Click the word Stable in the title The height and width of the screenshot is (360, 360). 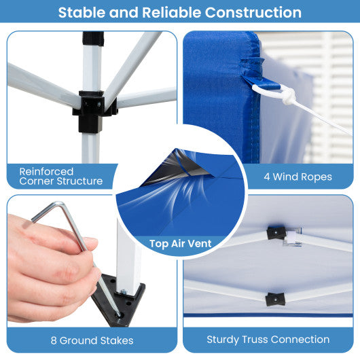pyautogui.click(x=82, y=12)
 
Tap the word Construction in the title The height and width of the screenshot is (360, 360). pyautogui.click(x=253, y=12)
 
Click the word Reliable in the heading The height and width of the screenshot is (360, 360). pyautogui.click(x=171, y=12)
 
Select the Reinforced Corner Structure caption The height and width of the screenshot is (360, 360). pyautogui.click(x=61, y=177)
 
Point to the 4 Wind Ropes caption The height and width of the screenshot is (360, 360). pyautogui.click(x=298, y=177)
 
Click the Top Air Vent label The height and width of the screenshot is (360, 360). pyautogui.click(x=180, y=244)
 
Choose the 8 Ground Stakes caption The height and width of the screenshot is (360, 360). pyautogui.click(x=92, y=340)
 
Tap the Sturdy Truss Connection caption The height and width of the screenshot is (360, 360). pyautogui.click(x=268, y=340)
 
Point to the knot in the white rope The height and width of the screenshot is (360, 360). pyautogui.click(x=288, y=96)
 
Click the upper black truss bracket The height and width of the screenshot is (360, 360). pyautogui.click(x=276, y=233)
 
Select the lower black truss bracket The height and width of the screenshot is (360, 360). pyautogui.click(x=275, y=299)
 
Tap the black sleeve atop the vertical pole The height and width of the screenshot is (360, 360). pyautogui.click(x=93, y=39)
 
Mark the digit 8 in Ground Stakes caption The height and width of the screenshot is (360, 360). pyautogui.click(x=54, y=340)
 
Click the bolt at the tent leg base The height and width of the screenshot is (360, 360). pyautogui.click(x=124, y=292)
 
